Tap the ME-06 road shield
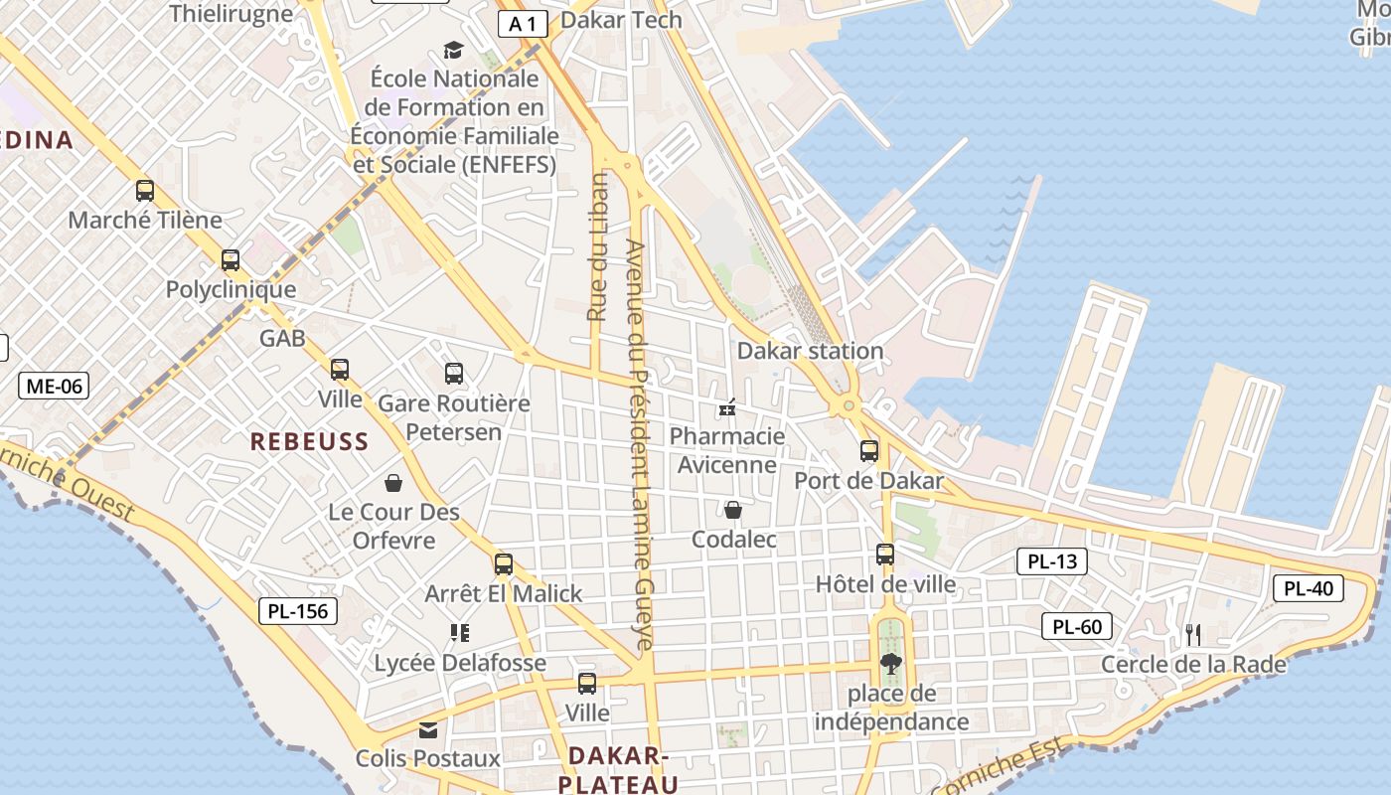click(54, 386)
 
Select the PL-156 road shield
click(298, 610)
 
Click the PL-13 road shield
click(1052, 561)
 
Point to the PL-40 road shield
click(1309, 588)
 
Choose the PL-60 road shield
click(1077, 626)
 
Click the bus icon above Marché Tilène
click(145, 191)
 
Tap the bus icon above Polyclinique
click(231, 260)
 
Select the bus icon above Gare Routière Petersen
click(454, 374)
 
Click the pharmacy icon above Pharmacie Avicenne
click(727, 407)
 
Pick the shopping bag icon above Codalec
click(733, 510)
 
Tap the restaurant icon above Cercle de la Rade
click(1193, 634)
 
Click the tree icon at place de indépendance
click(890, 664)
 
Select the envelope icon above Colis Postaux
click(428, 730)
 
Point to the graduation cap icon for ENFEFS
click(453, 50)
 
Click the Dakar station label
click(810, 351)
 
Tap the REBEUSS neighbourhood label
click(309, 441)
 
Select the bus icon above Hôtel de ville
click(885, 555)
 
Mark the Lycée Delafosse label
click(460, 663)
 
